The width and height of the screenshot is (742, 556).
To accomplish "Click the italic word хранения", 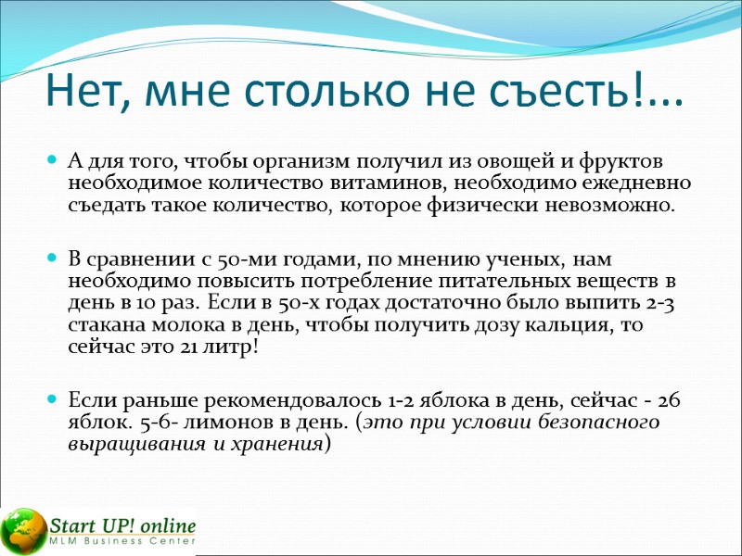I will (273, 443).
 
